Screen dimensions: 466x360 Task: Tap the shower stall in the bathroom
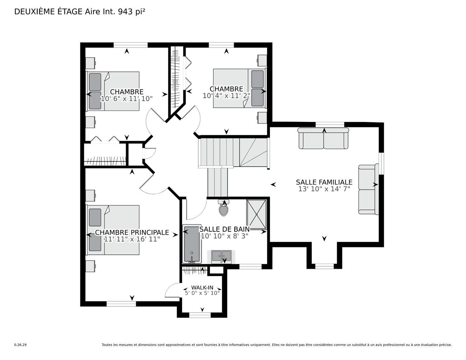256,214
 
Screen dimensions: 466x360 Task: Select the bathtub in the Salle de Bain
192,244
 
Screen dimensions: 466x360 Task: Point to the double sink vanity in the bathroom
221,257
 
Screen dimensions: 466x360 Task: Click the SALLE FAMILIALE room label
324,182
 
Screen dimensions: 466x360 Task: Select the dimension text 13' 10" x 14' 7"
324,189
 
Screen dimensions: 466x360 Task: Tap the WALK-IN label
202,287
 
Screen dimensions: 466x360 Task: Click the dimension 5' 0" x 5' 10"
202,293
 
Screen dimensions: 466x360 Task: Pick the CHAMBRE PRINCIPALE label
132,232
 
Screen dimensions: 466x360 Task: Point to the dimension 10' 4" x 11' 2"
226,96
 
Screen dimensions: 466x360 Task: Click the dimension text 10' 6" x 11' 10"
127,99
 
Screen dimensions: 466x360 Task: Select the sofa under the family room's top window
323,138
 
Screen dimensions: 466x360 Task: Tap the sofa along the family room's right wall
369,190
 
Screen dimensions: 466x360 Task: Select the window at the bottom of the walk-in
200,315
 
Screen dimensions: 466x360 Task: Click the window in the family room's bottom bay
324,266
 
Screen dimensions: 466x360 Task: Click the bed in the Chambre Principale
113,230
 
